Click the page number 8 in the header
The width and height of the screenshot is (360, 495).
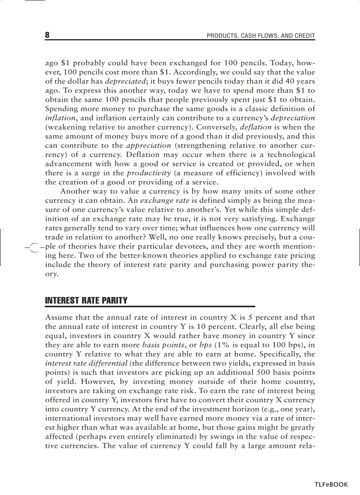coord(47,35)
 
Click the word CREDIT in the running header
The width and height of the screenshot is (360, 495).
coord(304,36)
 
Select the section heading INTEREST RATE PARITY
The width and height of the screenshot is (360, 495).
coord(86,301)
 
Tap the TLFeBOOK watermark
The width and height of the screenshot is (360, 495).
coord(331,484)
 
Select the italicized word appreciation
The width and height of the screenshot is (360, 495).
coord(149,145)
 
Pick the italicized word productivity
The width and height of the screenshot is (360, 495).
coord(149,173)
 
